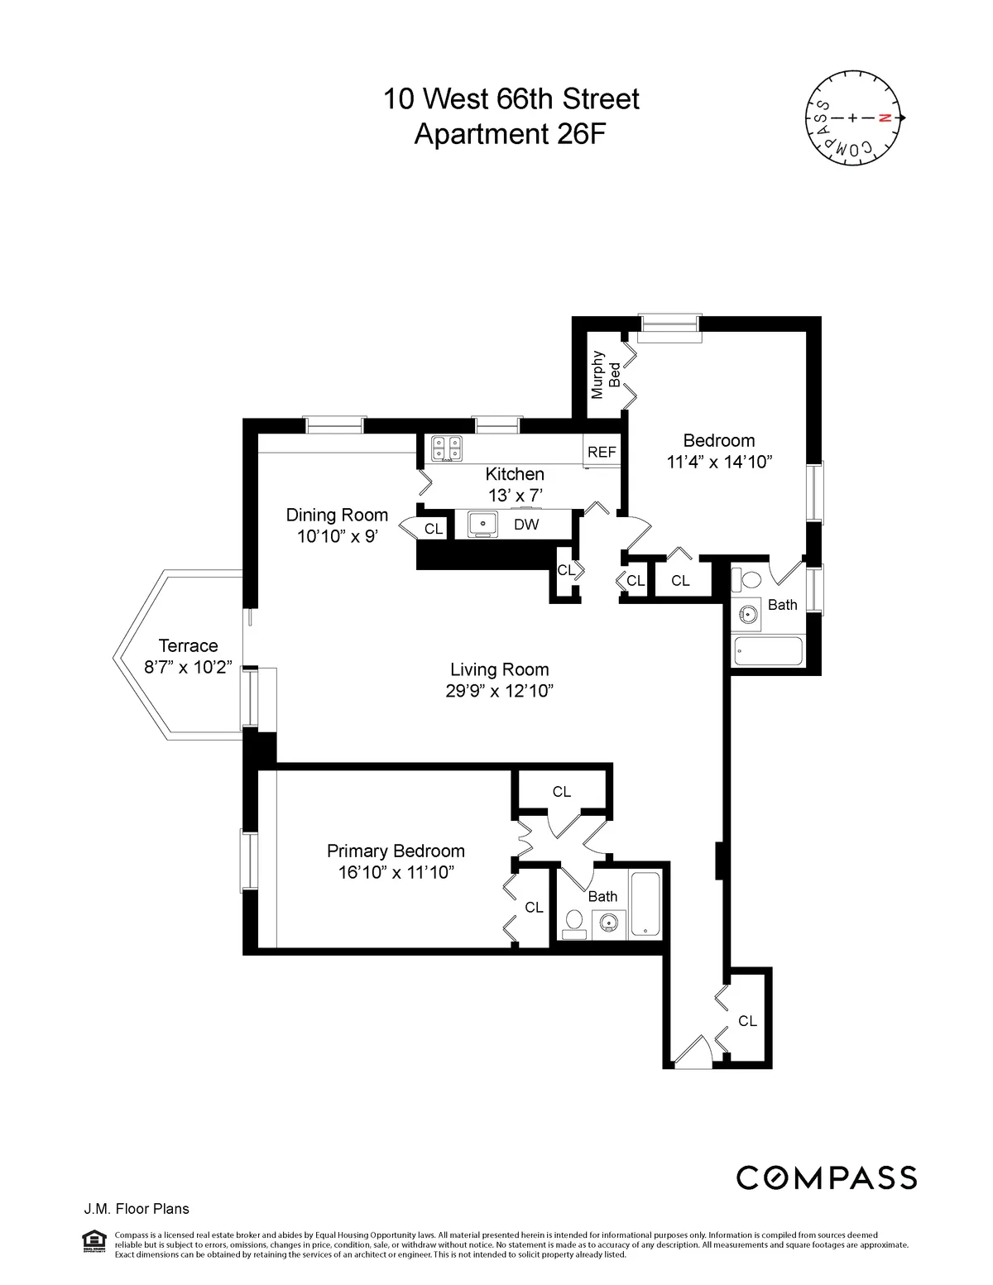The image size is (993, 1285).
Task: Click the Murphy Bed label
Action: point(607,375)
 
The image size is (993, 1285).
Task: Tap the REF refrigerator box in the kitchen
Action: point(602,453)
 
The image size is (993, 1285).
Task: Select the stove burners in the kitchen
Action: point(446,448)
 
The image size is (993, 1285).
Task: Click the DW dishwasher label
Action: point(526,525)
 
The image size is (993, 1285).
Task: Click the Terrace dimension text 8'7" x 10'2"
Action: point(189,668)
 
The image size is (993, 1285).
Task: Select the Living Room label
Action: point(499,669)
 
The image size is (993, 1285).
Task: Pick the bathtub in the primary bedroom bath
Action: point(645,905)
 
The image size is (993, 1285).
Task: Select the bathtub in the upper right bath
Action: point(768,651)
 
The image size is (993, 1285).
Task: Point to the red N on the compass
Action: point(884,118)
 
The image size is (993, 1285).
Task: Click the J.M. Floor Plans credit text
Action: point(137,1209)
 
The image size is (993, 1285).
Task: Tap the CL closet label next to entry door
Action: point(747,1021)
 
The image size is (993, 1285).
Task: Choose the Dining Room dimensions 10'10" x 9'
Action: point(338,536)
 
